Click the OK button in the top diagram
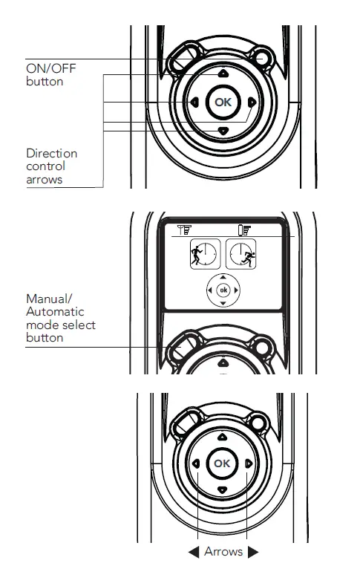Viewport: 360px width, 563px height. click(x=222, y=102)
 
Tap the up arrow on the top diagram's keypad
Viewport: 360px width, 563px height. click(x=222, y=74)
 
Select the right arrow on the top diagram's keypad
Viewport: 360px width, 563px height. click(x=252, y=102)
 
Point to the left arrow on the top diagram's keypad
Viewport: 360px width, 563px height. click(x=193, y=102)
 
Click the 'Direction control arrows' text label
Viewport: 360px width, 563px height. click(x=51, y=166)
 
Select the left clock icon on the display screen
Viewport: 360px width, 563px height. click(x=205, y=253)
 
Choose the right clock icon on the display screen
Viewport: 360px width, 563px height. click(x=240, y=253)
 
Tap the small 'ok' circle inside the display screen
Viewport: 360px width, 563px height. click(x=223, y=290)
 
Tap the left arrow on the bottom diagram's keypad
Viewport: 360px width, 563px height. click(x=195, y=463)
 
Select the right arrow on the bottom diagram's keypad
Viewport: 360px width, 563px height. click(x=249, y=463)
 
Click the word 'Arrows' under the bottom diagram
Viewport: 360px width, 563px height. click(x=223, y=551)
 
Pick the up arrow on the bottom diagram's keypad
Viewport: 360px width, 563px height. click(x=222, y=438)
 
